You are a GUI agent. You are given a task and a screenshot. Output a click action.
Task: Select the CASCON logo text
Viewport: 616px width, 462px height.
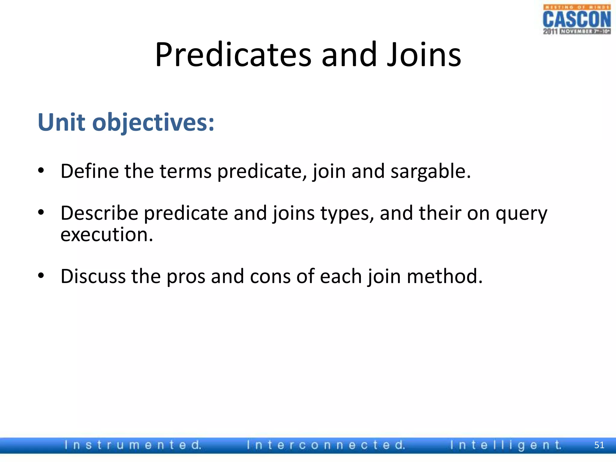pos(577,19)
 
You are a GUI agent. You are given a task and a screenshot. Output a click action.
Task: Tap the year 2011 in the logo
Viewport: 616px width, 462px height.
pos(550,31)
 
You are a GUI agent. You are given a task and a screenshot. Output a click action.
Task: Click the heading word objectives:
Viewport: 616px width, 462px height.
pos(153,123)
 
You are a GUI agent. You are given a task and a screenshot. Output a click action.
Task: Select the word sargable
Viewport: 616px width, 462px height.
pos(430,171)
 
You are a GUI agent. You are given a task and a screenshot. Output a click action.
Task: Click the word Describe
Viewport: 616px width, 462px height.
pos(99,213)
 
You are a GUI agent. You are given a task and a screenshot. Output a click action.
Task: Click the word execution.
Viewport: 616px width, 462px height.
pos(107,235)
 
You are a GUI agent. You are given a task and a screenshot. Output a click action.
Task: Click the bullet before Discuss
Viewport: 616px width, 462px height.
pos(41,276)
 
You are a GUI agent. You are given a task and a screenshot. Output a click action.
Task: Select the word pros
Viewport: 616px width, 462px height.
pos(186,276)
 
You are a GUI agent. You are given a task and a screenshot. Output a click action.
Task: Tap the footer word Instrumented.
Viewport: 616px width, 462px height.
pos(133,445)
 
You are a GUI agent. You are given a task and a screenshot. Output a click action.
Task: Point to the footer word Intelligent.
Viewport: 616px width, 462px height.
pos(505,445)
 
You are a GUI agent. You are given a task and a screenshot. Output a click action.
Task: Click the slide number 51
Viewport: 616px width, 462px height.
pos(599,445)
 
